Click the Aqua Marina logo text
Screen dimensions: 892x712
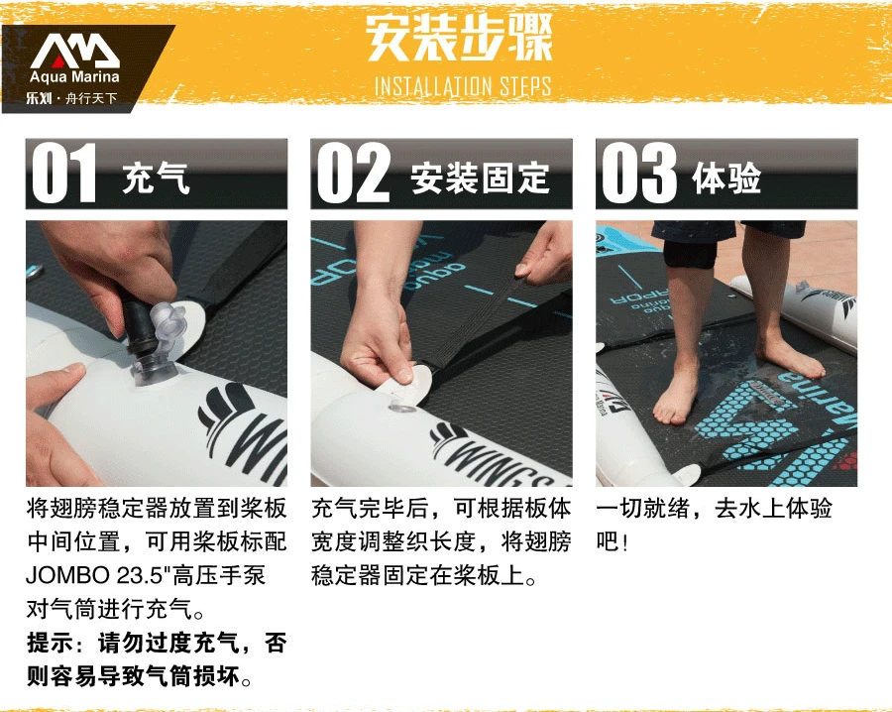point(74,76)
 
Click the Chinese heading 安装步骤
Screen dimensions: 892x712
point(459,38)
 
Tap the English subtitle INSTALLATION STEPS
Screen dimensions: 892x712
point(463,86)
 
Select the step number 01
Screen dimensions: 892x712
point(64,173)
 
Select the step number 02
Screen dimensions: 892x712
point(354,173)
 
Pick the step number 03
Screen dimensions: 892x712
point(639,173)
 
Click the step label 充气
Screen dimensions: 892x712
point(156,178)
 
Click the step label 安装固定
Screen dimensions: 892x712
point(480,178)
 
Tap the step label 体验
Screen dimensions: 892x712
point(726,178)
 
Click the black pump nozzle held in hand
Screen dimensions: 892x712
point(138,324)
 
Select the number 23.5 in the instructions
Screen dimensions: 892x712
point(140,576)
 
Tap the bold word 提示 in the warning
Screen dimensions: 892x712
point(51,644)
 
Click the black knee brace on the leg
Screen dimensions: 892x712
point(690,254)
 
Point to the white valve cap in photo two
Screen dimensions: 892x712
point(406,387)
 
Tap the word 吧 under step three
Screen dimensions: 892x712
point(608,541)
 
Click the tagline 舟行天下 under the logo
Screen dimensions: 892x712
point(91,98)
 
